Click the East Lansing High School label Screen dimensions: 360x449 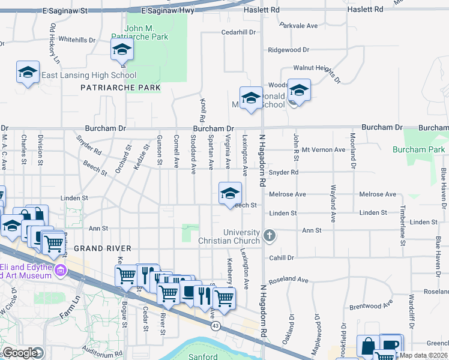89,76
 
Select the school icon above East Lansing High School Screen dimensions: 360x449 28,73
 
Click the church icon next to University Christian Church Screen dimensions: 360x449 270,235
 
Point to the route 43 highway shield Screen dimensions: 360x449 215,325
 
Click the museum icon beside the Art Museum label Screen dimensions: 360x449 60,271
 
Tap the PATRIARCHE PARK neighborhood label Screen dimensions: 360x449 121,88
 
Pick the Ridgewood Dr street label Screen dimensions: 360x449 288,50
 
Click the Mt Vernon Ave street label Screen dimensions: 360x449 324,149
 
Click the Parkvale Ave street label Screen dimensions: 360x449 298,26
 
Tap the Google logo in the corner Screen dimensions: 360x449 20,353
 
